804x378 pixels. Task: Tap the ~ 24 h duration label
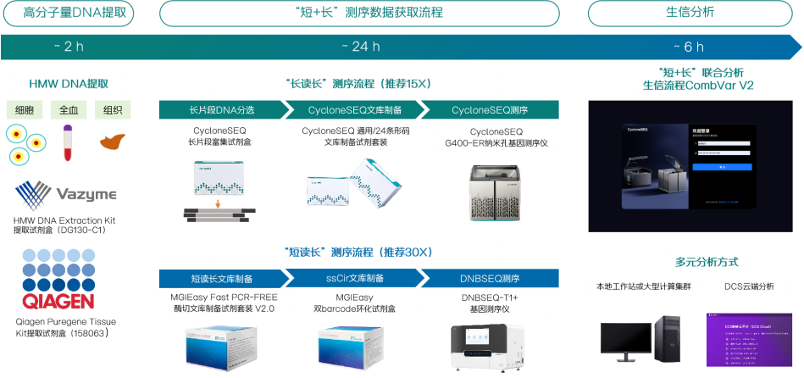pyautogui.click(x=359, y=46)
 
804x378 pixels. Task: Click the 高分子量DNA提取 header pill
pyautogui.click(x=68, y=13)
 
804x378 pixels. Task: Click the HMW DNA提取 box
pyautogui.click(x=68, y=84)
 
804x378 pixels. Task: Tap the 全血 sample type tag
pyautogui.click(x=68, y=110)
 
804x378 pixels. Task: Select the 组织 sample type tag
pyautogui.click(x=112, y=110)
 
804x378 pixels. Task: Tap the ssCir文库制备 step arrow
pyautogui.click(x=351, y=278)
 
